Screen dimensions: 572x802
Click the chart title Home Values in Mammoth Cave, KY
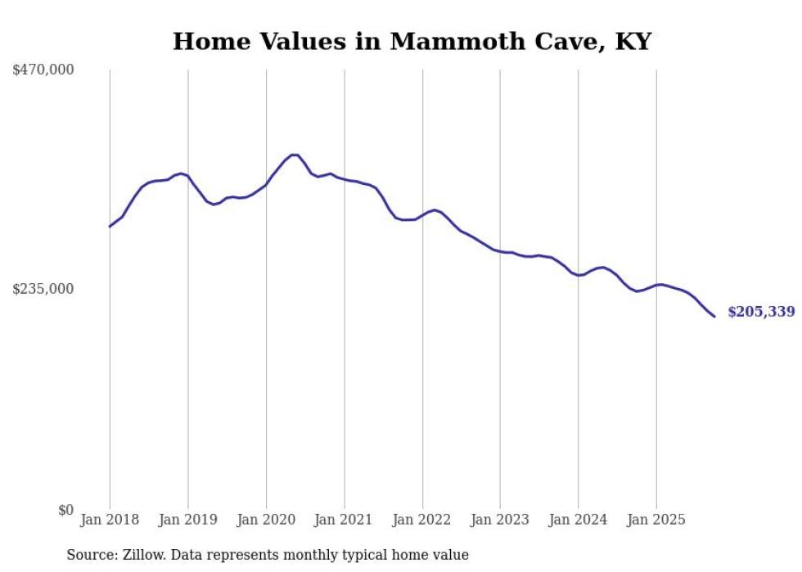[412, 42]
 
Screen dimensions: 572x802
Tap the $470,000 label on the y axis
[43, 70]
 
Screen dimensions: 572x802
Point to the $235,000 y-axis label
[43, 289]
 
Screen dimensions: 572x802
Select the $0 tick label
[65, 510]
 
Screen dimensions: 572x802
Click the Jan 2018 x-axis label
[110, 520]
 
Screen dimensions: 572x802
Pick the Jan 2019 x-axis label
[188, 520]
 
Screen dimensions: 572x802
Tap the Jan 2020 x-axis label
[266, 520]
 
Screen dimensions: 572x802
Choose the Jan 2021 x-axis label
[344, 520]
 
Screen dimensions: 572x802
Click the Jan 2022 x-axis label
[422, 520]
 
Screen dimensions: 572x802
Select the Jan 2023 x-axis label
[500, 520]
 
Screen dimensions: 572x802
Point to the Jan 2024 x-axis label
[579, 520]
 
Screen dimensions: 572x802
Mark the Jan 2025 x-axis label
[656, 520]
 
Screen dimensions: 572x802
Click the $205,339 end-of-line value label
[760, 312]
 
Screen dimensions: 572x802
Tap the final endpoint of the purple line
[714, 317]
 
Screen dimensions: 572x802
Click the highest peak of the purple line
[295, 155]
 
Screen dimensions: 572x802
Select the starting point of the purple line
[110, 226]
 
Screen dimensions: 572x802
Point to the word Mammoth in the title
[444, 42]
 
